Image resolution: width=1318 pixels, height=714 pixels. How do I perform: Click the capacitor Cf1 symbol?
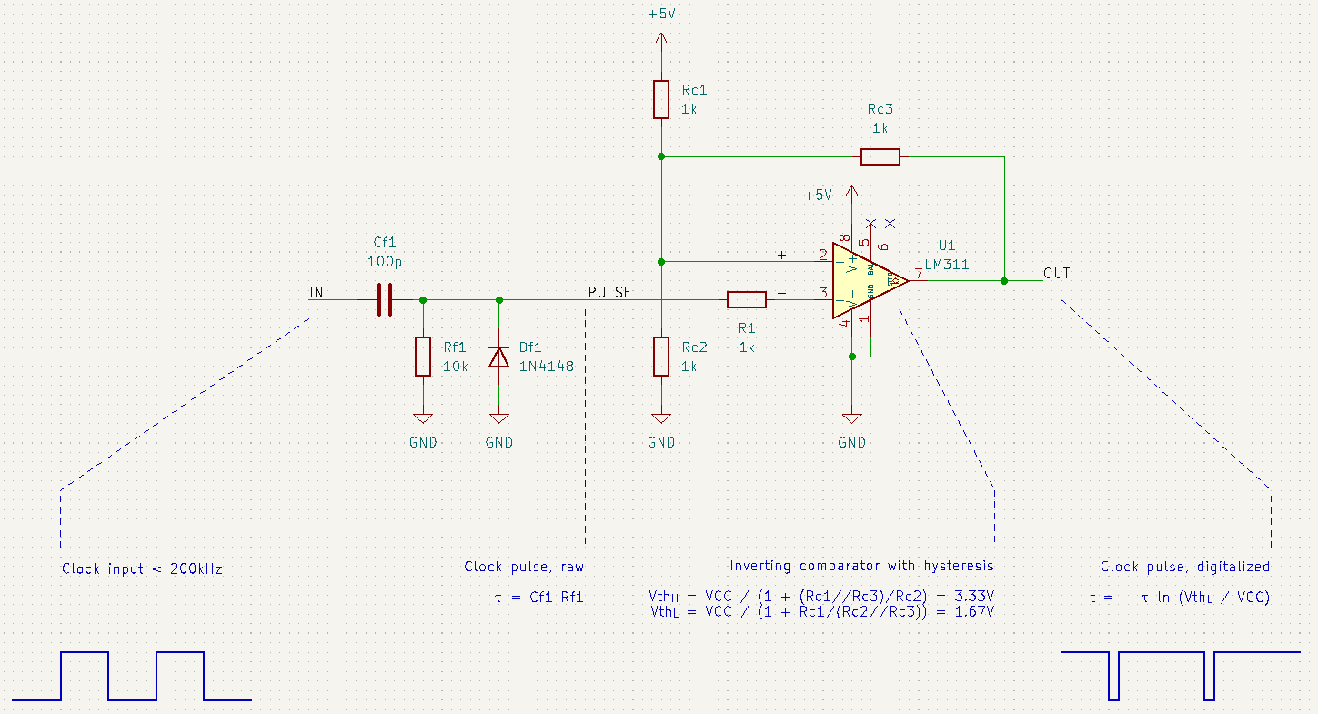[x=385, y=299]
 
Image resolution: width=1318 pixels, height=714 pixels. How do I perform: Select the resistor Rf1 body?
[x=423, y=356]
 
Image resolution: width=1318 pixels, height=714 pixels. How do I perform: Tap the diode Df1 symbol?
[x=498, y=357]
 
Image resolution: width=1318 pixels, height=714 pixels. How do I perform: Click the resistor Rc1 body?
[x=661, y=99]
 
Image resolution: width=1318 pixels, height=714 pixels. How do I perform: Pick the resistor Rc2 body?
[x=661, y=357]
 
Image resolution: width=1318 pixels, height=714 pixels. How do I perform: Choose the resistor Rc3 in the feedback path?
[x=880, y=156]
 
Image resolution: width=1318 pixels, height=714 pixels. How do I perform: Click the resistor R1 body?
[x=747, y=299]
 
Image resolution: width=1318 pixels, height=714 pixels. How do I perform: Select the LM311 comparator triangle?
[x=864, y=281]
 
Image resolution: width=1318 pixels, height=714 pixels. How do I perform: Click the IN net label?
[x=316, y=292]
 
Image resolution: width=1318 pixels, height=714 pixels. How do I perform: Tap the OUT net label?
[x=1057, y=273]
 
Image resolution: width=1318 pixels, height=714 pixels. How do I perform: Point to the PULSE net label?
[x=609, y=292]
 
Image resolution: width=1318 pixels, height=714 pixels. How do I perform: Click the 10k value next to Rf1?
[x=455, y=367]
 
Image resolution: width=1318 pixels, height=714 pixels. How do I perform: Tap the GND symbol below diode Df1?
[x=498, y=419]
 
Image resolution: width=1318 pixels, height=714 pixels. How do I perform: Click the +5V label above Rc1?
[x=661, y=15]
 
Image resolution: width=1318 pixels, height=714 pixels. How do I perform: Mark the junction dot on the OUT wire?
[x=1004, y=281]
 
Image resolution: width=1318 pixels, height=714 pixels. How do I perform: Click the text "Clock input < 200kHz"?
[x=142, y=569]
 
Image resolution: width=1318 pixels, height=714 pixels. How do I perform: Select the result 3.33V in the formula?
[x=974, y=596]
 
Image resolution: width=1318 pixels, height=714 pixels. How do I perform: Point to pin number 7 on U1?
[x=920, y=273]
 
